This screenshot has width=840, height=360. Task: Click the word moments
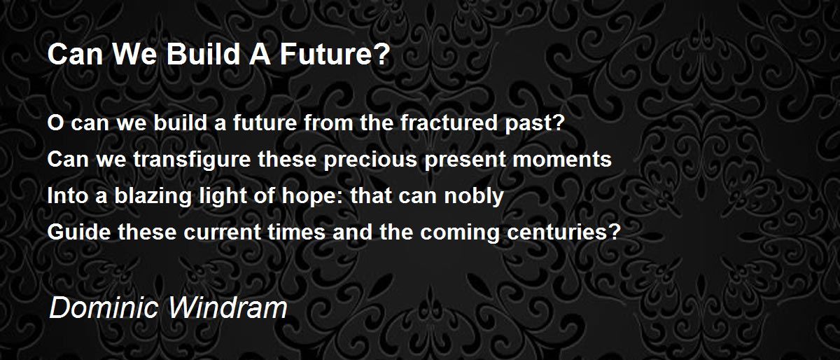coord(561,160)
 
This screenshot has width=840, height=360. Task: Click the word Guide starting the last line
coord(79,232)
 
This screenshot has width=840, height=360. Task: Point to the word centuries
coord(560,233)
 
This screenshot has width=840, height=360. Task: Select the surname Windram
coord(227,307)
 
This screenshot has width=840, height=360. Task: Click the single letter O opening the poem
coord(55,123)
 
